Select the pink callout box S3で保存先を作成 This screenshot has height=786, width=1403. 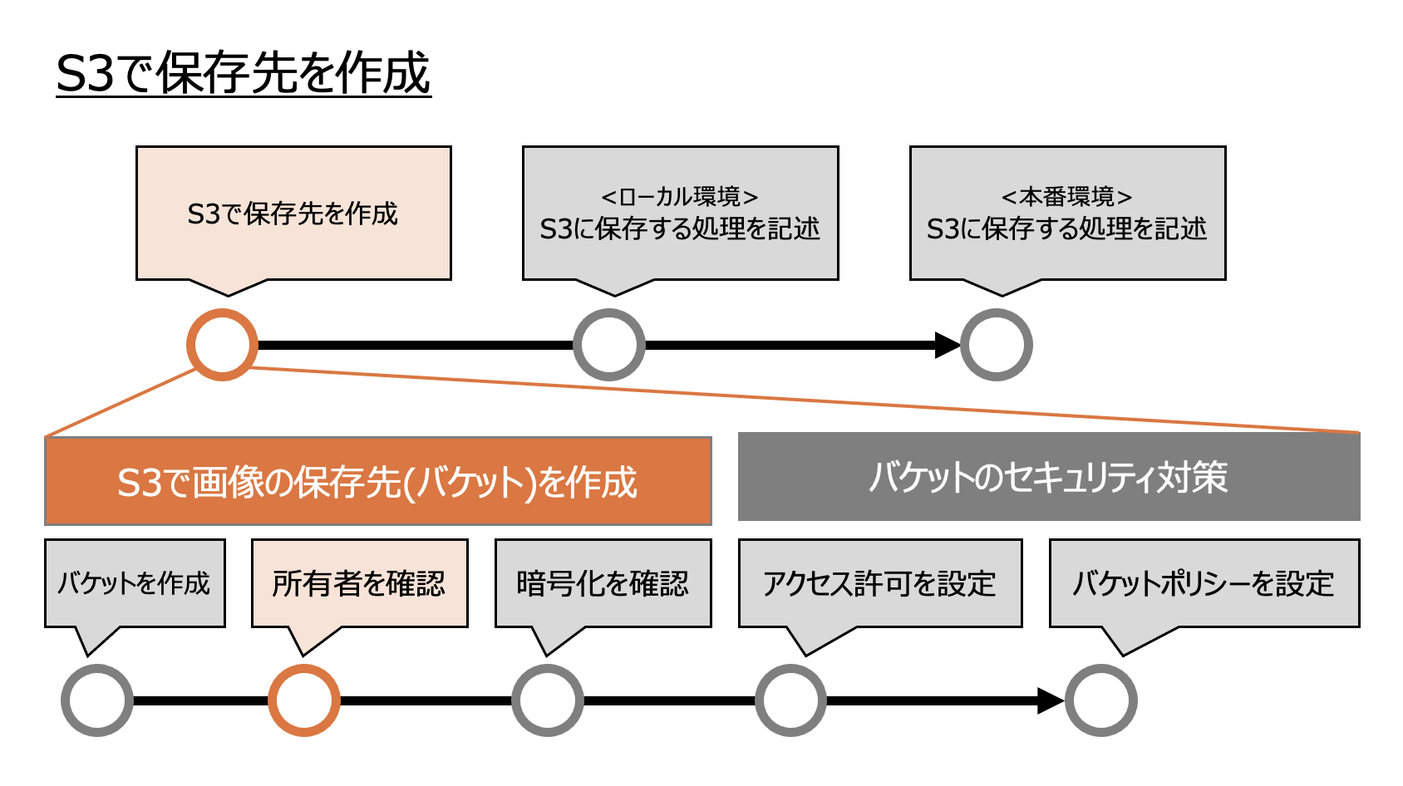[x=293, y=214]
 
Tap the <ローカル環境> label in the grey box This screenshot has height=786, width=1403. [x=680, y=197]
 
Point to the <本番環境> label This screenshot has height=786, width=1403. [x=1067, y=197]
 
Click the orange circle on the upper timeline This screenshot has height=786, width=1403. [x=222, y=345]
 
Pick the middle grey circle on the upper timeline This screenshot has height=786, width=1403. [x=609, y=345]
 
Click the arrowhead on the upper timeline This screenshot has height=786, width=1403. [x=947, y=345]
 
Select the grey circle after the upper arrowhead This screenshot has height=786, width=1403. [x=997, y=345]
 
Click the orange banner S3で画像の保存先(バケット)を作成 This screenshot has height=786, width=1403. [x=377, y=482]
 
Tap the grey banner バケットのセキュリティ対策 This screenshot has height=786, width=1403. [x=1049, y=477]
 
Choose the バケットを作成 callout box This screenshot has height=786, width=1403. [x=135, y=583]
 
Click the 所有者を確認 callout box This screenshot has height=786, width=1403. [x=359, y=583]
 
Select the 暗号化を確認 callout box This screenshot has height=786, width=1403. [x=603, y=583]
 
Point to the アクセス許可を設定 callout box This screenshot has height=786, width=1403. [x=879, y=583]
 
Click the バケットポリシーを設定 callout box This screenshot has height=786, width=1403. [x=1204, y=583]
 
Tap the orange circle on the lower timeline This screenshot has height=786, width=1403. [x=304, y=700]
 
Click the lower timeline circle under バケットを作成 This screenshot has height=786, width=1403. [x=97, y=700]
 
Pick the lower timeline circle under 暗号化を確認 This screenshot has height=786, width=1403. [x=548, y=700]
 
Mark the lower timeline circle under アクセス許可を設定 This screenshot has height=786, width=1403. [x=791, y=700]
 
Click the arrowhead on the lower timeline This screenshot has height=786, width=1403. [x=1051, y=700]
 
